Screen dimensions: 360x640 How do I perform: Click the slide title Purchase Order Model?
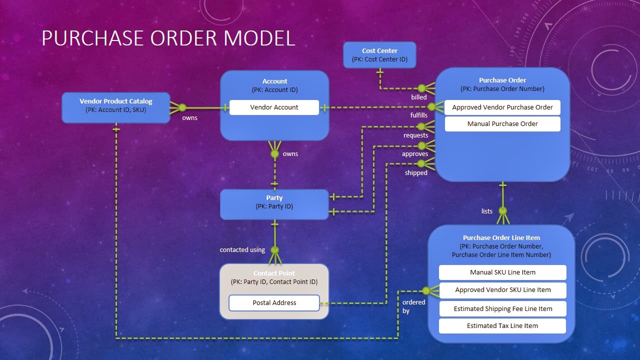[168, 38]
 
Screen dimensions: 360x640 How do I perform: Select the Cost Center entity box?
[379, 54]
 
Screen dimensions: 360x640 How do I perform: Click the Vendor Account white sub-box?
[274, 107]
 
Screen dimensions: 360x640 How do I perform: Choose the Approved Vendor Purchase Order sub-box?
[502, 107]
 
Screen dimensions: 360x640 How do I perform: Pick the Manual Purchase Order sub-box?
[502, 124]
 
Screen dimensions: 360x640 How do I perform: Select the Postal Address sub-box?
[274, 303]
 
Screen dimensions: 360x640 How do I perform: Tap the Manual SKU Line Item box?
[502, 272]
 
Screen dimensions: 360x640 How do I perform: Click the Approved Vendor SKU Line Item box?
[502, 290]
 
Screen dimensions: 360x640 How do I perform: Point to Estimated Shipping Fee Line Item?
[502, 309]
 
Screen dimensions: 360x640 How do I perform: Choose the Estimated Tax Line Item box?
[502, 326]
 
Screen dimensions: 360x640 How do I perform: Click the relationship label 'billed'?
[418, 97]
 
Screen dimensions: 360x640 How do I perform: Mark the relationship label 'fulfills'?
[418, 115]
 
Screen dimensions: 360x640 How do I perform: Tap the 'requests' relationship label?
[415, 135]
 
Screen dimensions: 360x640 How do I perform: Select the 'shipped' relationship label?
[416, 173]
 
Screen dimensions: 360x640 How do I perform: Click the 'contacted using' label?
[242, 250]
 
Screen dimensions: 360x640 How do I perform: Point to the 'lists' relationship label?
[486, 211]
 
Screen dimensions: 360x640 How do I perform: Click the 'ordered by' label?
[413, 306]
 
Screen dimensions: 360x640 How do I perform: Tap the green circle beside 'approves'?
[421, 146]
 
